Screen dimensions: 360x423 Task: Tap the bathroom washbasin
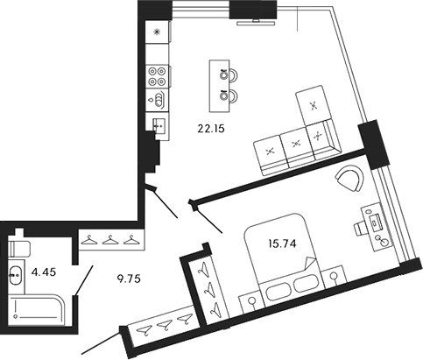[x=18, y=273]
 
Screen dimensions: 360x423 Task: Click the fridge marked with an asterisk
[x=158, y=32]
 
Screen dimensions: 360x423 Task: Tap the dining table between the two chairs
[x=215, y=83]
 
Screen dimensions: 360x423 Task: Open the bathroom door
[x=81, y=282]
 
